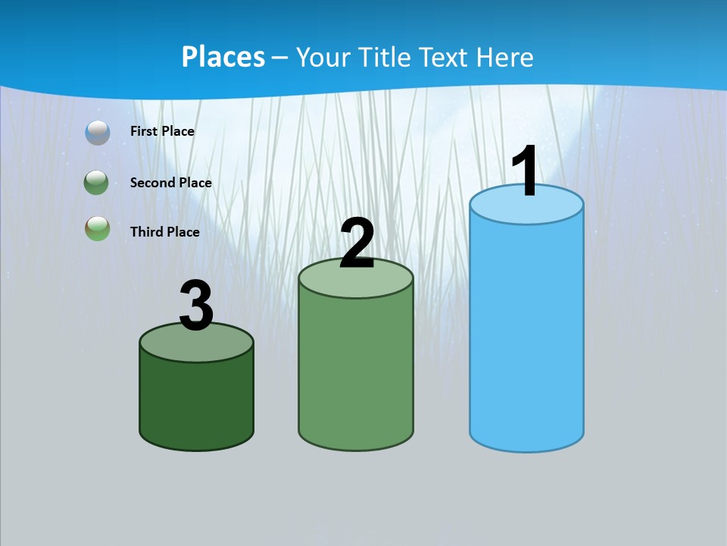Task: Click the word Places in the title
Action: click(x=223, y=57)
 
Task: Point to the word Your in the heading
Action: click(x=323, y=57)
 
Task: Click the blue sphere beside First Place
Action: click(x=98, y=132)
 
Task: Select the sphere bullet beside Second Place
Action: click(x=98, y=183)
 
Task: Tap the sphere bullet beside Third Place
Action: click(x=98, y=228)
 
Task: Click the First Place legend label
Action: click(x=162, y=131)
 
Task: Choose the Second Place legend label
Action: click(x=170, y=183)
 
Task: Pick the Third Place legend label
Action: click(x=164, y=232)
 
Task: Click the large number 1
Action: click(x=525, y=171)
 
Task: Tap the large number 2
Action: click(x=357, y=243)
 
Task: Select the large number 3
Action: click(x=196, y=306)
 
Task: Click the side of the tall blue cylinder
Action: click(x=526, y=334)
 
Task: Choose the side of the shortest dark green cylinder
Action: click(x=196, y=402)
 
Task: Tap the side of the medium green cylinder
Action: click(x=356, y=372)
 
